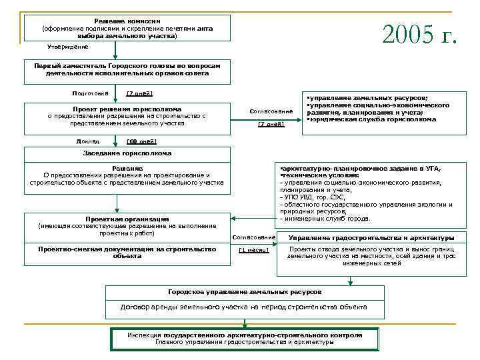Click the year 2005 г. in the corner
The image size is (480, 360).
click(x=419, y=33)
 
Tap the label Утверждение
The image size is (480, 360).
click(x=68, y=47)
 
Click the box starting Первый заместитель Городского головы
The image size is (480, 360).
click(x=127, y=69)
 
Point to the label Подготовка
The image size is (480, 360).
click(x=90, y=93)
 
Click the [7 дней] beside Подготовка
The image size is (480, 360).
click(x=140, y=93)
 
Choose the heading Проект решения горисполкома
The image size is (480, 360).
click(x=127, y=109)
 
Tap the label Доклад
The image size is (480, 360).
click(x=88, y=141)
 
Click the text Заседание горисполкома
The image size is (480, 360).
click(x=123, y=153)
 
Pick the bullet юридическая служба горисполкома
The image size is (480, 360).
click(x=371, y=119)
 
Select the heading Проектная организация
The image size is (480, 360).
click(x=127, y=219)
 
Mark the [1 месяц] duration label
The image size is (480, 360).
click(x=253, y=250)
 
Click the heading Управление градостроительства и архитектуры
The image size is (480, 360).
click(x=371, y=238)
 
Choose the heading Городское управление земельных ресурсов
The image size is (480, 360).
click(x=245, y=292)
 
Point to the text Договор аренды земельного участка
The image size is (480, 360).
click(x=244, y=307)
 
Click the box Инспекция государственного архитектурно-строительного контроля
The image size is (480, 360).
click(x=245, y=339)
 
